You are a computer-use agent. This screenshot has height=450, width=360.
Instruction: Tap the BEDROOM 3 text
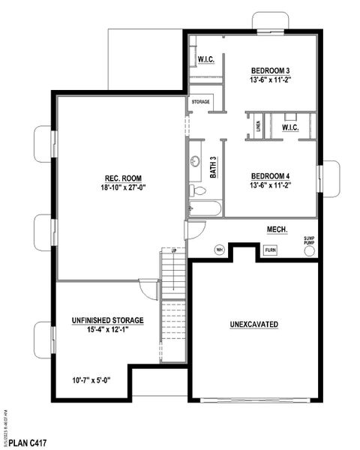tap(269, 70)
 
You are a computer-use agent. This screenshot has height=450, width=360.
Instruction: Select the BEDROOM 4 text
tap(269, 176)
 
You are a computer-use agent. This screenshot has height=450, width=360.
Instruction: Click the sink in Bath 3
tap(196, 160)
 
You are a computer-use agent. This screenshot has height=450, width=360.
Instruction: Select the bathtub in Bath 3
tap(205, 208)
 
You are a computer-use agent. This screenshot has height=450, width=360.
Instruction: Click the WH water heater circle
tap(220, 250)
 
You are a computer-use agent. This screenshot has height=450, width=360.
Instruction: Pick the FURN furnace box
tap(269, 250)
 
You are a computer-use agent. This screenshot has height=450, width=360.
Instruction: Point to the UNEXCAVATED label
tap(254, 324)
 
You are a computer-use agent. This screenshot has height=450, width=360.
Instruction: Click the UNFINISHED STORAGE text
tap(108, 320)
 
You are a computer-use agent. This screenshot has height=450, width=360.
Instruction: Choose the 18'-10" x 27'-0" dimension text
tap(120, 188)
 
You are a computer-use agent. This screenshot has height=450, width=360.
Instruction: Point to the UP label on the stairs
tap(174, 250)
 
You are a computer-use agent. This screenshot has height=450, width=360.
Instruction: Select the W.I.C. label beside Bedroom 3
tap(206, 60)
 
